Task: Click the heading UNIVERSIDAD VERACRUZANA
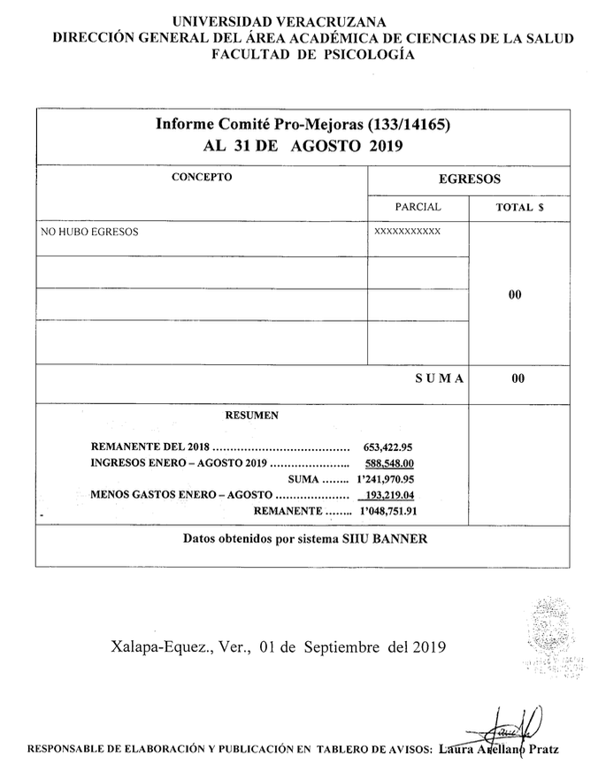299,22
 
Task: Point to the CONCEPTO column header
202,177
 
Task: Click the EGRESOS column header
470,179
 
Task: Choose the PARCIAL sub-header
418,207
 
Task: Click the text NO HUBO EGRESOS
90,233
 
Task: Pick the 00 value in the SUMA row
517,378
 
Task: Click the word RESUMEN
252,414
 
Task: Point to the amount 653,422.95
388,446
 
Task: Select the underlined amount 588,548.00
389,462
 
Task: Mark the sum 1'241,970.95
385,478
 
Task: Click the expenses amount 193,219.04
389,495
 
